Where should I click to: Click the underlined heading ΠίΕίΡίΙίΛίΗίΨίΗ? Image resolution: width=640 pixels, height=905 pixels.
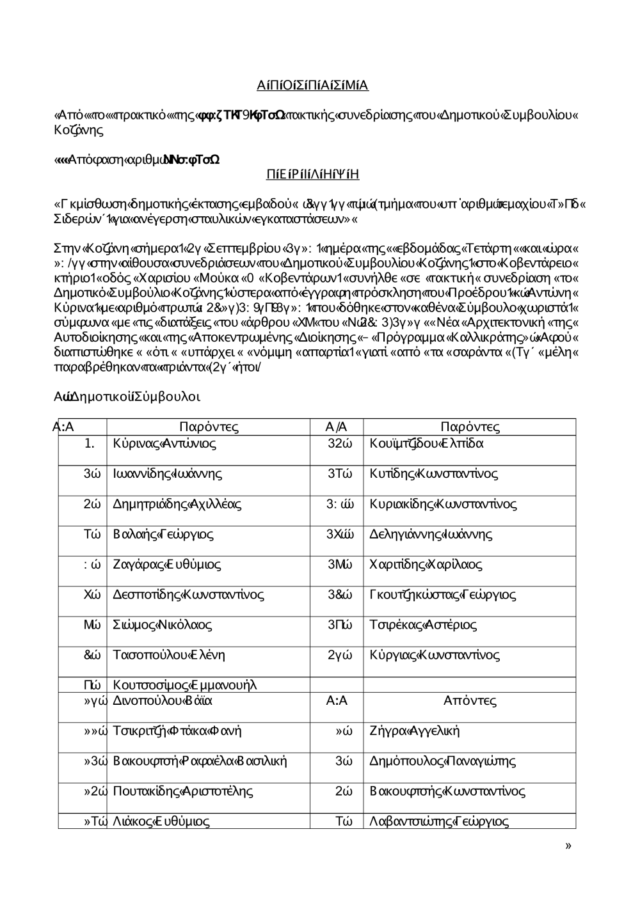pyautogui.click(x=312, y=175)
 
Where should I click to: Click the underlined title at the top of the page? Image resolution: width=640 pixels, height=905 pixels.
pyautogui.click(x=312, y=86)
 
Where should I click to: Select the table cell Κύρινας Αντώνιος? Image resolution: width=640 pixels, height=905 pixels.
pyautogui.click(x=164, y=443)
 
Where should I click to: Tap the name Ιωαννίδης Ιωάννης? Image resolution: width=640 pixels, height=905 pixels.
pyautogui.click(x=167, y=474)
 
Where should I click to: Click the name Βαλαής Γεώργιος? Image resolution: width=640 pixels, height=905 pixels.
pyautogui.click(x=163, y=534)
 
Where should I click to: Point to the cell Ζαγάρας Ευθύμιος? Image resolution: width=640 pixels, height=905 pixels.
pyautogui.click(x=167, y=565)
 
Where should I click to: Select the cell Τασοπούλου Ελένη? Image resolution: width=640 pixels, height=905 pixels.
pyautogui.click(x=168, y=655)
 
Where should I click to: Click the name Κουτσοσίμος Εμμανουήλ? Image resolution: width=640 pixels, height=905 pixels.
pyautogui.click(x=184, y=685)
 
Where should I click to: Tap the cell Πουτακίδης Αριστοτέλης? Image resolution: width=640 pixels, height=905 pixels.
pyautogui.click(x=182, y=791)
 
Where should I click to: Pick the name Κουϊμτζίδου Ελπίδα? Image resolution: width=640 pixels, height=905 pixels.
pyautogui.click(x=426, y=443)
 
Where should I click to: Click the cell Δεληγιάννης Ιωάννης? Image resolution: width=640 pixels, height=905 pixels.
pyautogui.click(x=431, y=534)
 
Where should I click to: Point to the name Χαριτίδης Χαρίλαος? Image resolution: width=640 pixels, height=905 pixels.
pyautogui.click(x=426, y=565)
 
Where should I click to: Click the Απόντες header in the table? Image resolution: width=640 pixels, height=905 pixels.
pyautogui.click(x=470, y=700)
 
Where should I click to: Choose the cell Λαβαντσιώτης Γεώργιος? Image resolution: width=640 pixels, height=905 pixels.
pyautogui.click(x=439, y=821)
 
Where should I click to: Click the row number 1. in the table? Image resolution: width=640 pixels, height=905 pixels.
pyautogui.click(x=90, y=443)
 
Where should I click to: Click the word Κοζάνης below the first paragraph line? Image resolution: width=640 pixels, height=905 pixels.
pyautogui.click(x=78, y=130)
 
